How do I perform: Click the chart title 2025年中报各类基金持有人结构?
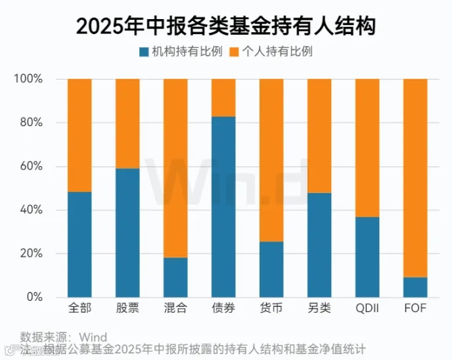[x=226, y=26]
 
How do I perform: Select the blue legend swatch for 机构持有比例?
[x=144, y=51]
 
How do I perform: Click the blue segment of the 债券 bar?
[x=223, y=207]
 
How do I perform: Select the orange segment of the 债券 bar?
[x=223, y=97]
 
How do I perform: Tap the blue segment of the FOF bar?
[x=415, y=287]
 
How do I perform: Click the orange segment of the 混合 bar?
[x=175, y=168]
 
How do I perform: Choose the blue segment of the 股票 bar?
[x=127, y=233]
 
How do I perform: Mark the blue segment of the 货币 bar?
[x=271, y=269]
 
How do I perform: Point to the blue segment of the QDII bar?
[x=367, y=257]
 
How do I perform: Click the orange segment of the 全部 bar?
[x=79, y=135]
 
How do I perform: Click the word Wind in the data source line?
[x=93, y=336]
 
